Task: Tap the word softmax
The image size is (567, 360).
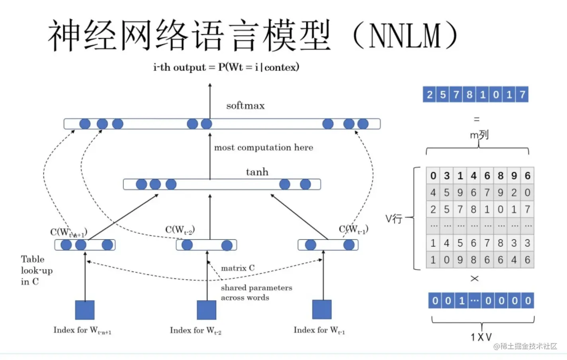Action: pos(245,106)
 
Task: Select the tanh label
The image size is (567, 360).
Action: pos(257,172)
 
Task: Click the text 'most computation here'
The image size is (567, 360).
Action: pos(264,148)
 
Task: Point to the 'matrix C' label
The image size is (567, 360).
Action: pos(238,268)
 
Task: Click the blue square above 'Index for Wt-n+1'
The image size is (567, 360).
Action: pos(85,310)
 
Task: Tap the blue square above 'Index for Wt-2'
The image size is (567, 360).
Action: pos(207,310)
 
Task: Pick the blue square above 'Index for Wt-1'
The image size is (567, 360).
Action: pos(322,309)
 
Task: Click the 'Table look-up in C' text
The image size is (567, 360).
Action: pos(36,270)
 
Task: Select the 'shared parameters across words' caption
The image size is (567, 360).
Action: pos(256,293)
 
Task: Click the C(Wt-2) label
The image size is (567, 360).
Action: pos(180,230)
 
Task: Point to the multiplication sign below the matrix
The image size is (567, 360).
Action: pos(475,278)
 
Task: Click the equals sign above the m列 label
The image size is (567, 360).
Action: pos(477,119)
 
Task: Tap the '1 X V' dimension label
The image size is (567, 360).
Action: pos(481,337)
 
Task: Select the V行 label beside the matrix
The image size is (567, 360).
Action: pos(393,219)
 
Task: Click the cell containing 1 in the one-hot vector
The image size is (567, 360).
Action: pos(461,301)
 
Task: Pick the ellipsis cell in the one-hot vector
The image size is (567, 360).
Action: pos(474,301)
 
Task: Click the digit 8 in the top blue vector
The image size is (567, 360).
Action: pos(469,95)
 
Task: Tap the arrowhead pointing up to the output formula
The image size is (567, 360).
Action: pos(210,85)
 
